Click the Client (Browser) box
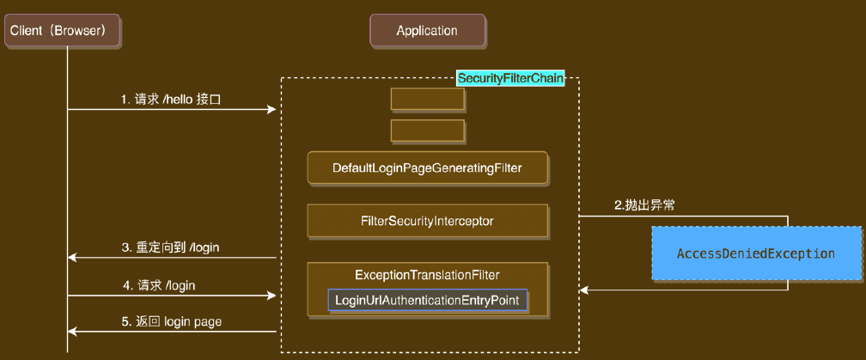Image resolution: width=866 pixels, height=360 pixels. coord(61,31)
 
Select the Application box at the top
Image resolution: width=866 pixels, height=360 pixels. coord(427,31)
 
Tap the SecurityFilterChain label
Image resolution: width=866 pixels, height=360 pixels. coord(510,78)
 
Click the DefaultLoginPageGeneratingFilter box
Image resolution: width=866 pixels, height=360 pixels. coord(427,168)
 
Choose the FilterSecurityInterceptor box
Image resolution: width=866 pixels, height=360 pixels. coord(427,221)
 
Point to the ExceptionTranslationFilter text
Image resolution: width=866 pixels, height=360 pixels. coord(427,275)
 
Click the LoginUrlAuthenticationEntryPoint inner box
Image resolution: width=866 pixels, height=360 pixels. coord(427,300)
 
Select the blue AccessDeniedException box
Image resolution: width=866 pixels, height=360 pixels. coord(756,253)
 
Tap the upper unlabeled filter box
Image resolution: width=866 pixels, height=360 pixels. coord(427,99)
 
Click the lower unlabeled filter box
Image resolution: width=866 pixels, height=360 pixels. coord(427,131)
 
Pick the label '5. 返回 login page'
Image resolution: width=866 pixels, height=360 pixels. coord(172,321)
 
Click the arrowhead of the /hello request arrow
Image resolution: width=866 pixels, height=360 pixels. coord(272,109)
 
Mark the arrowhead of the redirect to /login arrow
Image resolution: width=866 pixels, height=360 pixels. coord(72,257)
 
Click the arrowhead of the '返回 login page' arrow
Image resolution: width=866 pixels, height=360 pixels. coord(72,331)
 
